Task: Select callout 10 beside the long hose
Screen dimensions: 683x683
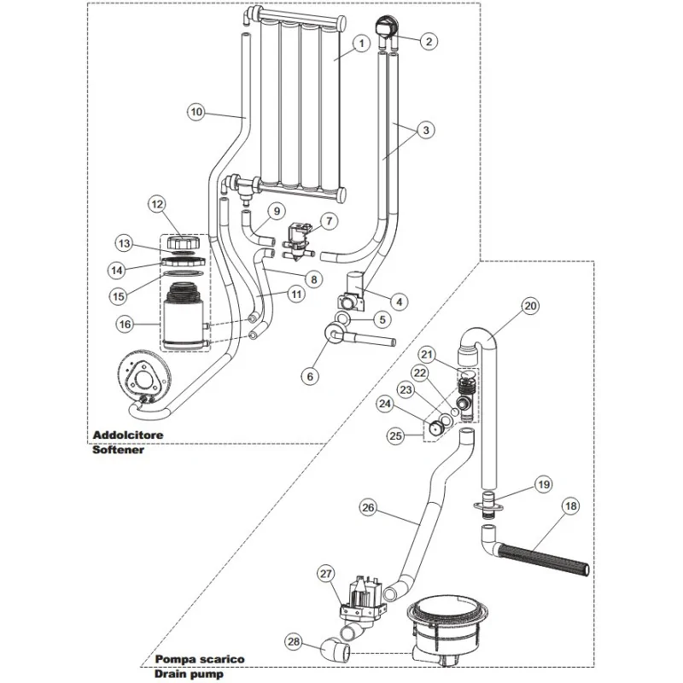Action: point(196,111)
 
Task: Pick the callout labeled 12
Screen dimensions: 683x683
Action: point(155,204)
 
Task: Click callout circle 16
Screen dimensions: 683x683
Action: point(124,324)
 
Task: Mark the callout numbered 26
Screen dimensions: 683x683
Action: point(367,508)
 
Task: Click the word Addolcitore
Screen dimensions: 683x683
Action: point(127,435)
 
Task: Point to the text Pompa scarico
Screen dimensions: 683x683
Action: point(200,659)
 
